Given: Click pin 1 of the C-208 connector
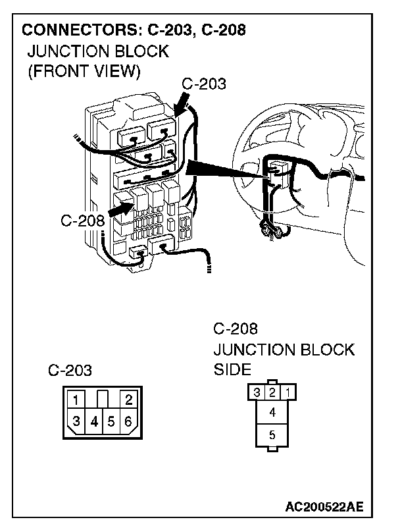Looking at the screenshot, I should click(x=290, y=393).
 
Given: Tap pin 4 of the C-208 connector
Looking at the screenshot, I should click(x=273, y=413).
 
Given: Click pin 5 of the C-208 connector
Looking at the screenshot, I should click(x=273, y=434).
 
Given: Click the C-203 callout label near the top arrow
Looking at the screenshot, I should click(x=203, y=84).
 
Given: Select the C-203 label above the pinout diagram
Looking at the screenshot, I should click(x=70, y=371).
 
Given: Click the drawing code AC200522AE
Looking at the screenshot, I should click(x=324, y=507).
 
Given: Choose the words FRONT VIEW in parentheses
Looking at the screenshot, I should click(x=84, y=70).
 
